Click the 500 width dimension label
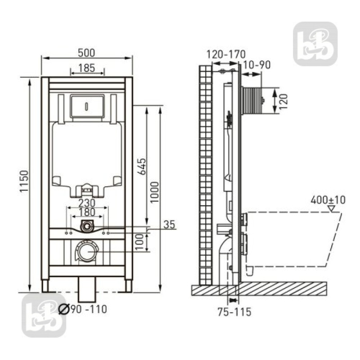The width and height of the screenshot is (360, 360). (x=86, y=53)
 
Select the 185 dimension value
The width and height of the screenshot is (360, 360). (x=86, y=68)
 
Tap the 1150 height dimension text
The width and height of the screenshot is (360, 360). (x=24, y=181)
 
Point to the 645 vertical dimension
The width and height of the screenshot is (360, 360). (x=143, y=166)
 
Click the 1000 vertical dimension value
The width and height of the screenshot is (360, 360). (x=155, y=192)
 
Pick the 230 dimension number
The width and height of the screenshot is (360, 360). (x=87, y=203)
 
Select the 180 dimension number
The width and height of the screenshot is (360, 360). (x=87, y=212)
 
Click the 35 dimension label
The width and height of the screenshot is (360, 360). (x=170, y=225)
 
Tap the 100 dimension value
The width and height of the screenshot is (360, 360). (x=139, y=242)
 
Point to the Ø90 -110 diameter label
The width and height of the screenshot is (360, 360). (x=83, y=309)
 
